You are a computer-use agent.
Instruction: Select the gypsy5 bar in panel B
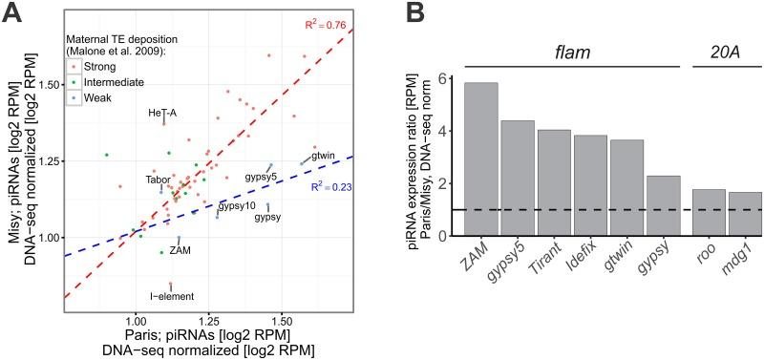pos(532,179)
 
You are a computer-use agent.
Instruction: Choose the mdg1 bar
pos(745,215)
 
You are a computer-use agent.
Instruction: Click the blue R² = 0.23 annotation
pos(333,188)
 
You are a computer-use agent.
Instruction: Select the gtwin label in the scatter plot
pos(325,156)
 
